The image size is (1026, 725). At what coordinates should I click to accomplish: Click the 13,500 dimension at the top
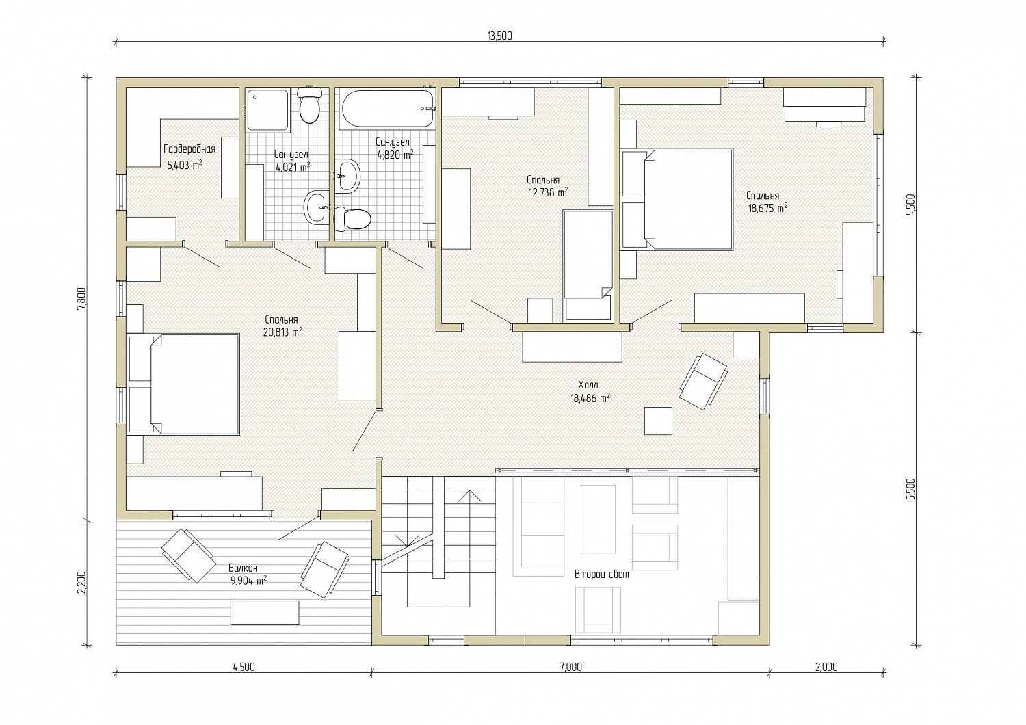click(500, 36)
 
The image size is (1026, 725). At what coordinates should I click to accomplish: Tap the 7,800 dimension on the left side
click(81, 299)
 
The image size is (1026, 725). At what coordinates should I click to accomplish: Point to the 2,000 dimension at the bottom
click(826, 667)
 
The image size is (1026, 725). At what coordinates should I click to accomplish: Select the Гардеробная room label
click(189, 149)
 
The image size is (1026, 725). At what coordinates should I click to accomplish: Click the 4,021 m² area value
click(293, 167)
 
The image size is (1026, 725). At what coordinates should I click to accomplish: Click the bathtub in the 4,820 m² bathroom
click(389, 109)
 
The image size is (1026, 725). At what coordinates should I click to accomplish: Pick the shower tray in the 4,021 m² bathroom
click(268, 110)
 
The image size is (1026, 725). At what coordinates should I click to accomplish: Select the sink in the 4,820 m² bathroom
click(347, 176)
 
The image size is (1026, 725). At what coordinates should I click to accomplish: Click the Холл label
click(588, 384)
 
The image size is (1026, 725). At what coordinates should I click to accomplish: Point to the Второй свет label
click(602, 575)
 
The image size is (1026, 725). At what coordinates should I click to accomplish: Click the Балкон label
click(244, 568)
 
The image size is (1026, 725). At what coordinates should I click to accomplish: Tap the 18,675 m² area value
click(767, 208)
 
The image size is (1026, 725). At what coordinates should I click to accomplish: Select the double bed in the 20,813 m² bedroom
click(184, 384)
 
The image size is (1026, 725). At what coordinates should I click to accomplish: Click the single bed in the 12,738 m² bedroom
click(588, 265)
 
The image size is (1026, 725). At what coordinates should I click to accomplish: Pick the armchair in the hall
click(704, 382)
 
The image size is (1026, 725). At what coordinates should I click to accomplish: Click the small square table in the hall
click(659, 421)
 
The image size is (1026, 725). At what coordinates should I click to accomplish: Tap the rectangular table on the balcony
click(265, 613)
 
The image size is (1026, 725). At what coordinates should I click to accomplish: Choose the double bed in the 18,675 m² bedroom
click(677, 199)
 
